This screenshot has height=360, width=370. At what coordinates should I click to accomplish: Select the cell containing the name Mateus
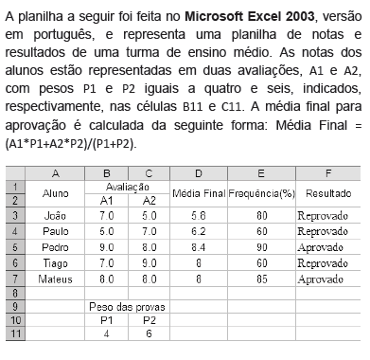click(55, 280)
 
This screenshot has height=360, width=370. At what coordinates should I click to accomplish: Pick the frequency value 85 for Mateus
click(258, 280)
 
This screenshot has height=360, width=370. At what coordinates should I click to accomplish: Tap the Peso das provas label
click(131, 307)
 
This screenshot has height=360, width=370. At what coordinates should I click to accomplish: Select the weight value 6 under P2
click(149, 333)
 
